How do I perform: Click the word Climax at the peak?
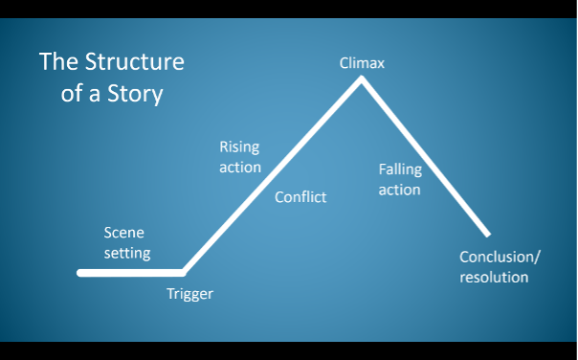[x=361, y=64]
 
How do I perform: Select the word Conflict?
[x=300, y=197]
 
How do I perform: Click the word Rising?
[x=239, y=147]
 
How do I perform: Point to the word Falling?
[x=400, y=169]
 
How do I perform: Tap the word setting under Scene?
[x=127, y=253]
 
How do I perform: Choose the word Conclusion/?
[x=500, y=257]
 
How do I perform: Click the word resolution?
[x=494, y=277]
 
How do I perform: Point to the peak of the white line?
[x=361, y=79]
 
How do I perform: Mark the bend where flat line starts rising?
[x=182, y=273]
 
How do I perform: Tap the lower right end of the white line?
[x=487, y=234]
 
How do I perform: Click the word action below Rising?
[x=239, y=168]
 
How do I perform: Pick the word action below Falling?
[x=399, y=190]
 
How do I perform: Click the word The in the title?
[x=57, y=63]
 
